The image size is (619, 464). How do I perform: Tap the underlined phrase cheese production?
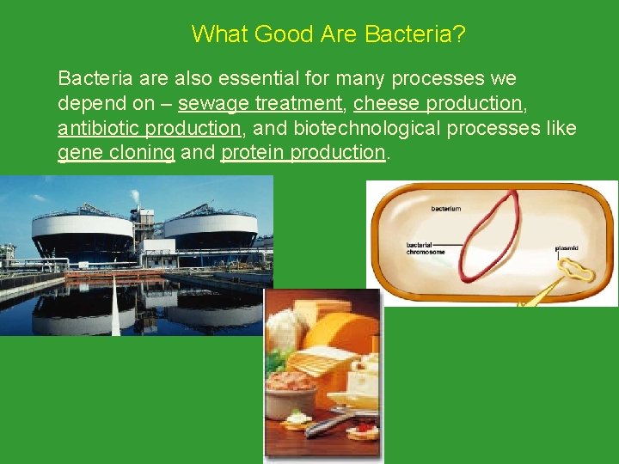click(x=438, y=103)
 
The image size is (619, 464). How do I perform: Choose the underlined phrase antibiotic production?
click(x=149, y=128)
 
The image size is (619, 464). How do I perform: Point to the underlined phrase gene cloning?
click(x=116, y=153)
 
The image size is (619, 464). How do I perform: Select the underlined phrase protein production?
click(x=303, y=153)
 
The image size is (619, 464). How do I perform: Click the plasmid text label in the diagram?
click(x=567, y=248)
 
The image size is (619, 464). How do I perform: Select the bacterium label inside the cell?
click(x=445, y=208)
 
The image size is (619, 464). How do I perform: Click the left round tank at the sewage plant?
click(x=81, y=233)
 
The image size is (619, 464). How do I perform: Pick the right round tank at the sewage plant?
click(x=211, y=230)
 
